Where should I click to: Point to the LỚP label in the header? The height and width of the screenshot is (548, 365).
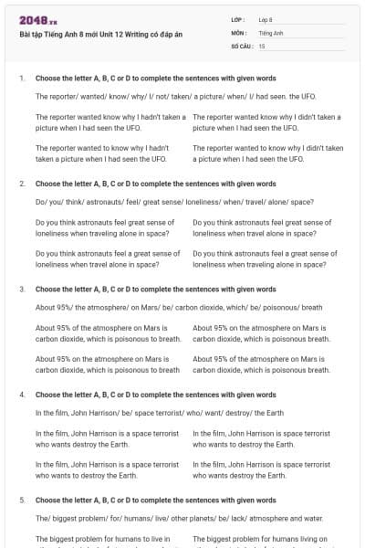point(238,19)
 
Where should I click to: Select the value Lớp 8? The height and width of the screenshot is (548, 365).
point(266,19)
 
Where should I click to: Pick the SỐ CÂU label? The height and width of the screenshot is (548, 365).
point(242,45)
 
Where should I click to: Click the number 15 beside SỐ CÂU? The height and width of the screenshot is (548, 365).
point(262,45)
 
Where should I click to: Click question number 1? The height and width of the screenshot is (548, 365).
point(22,78)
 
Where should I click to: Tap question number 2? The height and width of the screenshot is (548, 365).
point(22,184)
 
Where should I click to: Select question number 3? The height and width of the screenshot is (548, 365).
point(22,289)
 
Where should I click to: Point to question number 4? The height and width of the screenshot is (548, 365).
point(22,395)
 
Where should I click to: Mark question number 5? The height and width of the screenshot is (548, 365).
point(22,501)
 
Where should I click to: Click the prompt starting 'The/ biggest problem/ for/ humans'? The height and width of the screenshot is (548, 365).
point(180,518)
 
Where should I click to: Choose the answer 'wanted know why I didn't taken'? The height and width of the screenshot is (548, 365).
point(266,122)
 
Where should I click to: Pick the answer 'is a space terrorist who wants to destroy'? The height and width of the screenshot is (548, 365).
point(107,469)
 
